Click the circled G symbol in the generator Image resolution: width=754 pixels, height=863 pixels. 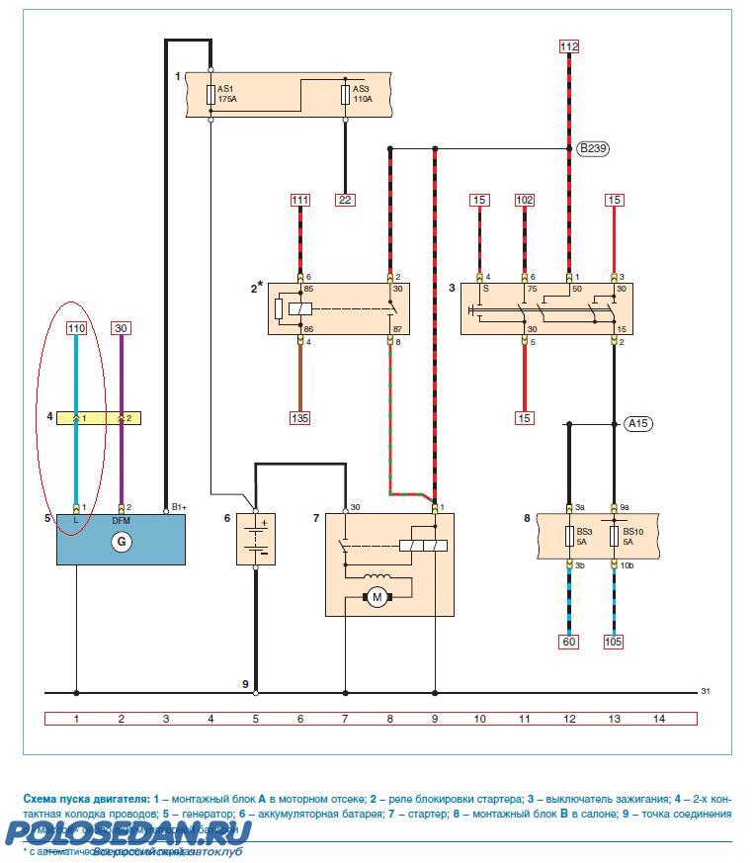121,542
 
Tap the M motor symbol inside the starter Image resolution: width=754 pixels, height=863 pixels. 376,596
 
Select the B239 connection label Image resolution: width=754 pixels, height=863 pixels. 593,149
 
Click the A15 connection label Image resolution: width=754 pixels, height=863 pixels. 639,424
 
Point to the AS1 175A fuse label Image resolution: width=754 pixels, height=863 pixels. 228,93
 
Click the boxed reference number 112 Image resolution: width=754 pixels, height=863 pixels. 569,46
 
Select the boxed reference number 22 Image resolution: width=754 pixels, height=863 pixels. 345,200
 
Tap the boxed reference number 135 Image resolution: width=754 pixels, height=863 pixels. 299,418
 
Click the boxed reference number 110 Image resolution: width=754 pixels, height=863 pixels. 76,328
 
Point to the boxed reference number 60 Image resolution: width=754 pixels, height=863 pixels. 569,642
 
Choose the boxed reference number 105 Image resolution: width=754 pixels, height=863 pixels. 614,642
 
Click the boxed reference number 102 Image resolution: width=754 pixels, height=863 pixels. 524,200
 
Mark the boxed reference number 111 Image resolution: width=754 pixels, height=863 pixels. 299,200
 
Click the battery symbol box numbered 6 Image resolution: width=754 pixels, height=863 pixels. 256,539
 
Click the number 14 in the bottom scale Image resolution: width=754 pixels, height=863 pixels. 659,719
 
